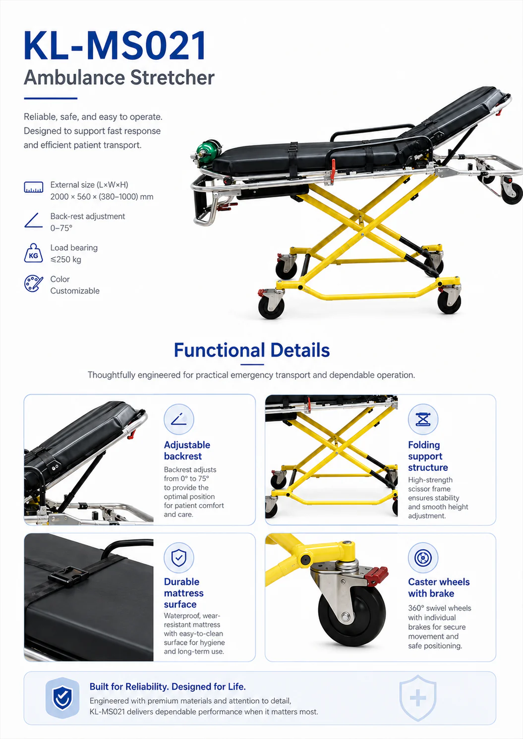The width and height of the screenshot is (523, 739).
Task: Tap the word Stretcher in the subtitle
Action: click(172, 78)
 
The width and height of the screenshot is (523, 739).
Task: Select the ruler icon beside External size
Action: click(33, 187)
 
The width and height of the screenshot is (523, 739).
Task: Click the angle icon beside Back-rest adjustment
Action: click(33, 220)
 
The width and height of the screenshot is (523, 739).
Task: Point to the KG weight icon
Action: click(33, 253)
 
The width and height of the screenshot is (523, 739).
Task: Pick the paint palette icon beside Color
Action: click(33, 284)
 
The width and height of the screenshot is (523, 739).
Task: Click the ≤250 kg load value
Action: click(65, 260)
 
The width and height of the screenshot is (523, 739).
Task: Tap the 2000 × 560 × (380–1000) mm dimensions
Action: click(102, 197)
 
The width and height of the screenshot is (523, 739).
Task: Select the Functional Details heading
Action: click(252, 350)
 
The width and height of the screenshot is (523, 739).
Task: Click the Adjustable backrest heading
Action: click(187, 451)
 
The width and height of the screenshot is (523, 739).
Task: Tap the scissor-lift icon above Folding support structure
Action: click(423, 419)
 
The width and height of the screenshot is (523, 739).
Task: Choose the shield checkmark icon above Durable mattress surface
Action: click(179, 558)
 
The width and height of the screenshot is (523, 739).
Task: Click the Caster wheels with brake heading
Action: click(439, 587)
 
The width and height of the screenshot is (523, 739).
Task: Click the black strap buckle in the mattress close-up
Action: click(68, 576)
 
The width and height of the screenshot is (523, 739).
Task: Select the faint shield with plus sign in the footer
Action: click(418, 698)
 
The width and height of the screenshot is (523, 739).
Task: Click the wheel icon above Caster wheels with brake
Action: click(423, 558)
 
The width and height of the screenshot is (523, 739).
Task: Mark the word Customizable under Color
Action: click(75, 291)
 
